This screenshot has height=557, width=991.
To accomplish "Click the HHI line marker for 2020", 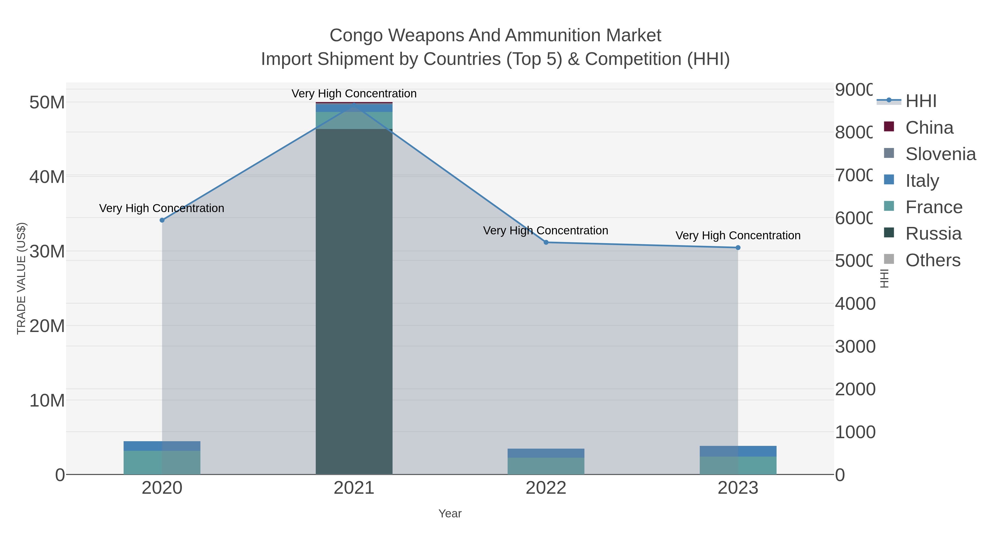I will [x=162, y=220].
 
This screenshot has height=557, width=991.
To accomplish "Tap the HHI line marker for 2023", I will [x=738, y=248].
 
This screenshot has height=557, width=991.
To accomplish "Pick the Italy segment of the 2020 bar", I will [x=162, y=446].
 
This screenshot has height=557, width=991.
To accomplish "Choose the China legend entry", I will [x=929, y=128].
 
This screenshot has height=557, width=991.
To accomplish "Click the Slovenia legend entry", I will [x=940, y=154].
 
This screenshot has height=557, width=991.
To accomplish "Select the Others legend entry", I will [x=933, y=260].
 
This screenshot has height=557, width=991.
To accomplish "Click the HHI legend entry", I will [x=921, y=101].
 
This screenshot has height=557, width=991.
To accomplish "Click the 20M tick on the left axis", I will [x=47, y=326].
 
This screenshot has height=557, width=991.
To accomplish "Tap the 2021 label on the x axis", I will [x=354, y=488].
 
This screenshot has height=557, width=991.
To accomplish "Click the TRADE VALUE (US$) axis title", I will [x=21, y=278].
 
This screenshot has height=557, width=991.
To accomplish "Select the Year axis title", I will [x=450, y=514].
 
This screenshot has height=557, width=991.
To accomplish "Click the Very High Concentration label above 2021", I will [x=354, y=94].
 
